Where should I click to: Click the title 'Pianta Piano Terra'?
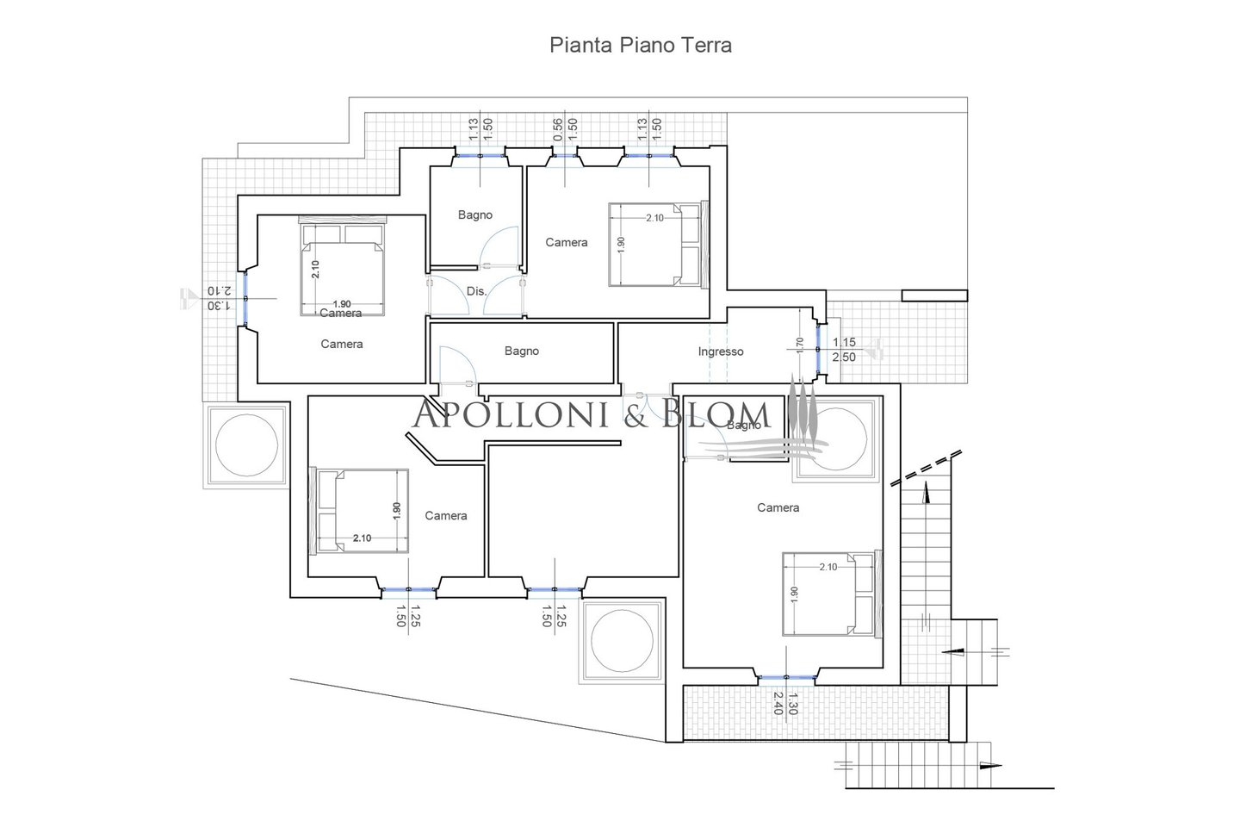tap(641, 46)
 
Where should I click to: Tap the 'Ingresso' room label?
tap(720, 351)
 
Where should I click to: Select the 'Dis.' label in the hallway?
tap(476, 291)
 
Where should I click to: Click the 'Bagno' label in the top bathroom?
tap(474, 215)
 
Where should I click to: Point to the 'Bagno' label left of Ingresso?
tap(522, 351)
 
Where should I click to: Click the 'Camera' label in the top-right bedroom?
tap(567, 243)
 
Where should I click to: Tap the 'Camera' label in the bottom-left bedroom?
tap(446, 515)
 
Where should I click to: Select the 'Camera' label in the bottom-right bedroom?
tap(778, 507)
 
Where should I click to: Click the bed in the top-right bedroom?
tap(657, 244)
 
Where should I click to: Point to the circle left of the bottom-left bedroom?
tap(246, 445)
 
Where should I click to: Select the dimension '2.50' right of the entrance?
tap(845, 357)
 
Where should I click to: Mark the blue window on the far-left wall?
tap(245, 297)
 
